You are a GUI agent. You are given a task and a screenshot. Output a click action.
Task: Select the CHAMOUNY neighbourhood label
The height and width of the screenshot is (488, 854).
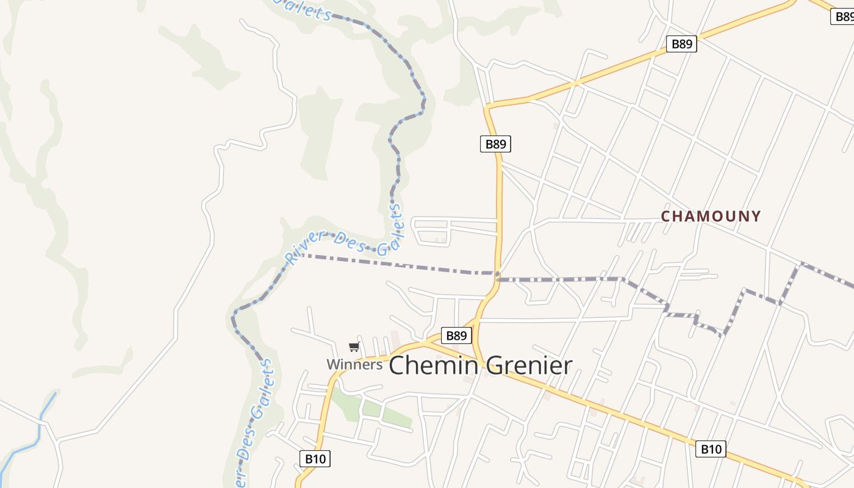(711, 216)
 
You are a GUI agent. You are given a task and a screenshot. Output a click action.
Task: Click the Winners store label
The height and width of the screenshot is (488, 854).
(354, 365)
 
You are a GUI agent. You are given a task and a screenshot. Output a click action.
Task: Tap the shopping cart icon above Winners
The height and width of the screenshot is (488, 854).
(354, 347)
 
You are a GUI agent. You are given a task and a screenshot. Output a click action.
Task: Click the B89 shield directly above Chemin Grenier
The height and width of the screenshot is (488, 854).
(456, 335)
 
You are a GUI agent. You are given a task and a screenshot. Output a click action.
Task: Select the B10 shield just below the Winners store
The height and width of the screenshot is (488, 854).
(315, 459)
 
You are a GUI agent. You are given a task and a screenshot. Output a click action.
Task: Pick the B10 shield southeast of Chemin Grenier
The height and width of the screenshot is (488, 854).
(711, 450)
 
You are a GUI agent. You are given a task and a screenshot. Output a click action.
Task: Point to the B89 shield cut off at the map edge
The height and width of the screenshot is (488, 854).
(843, 16)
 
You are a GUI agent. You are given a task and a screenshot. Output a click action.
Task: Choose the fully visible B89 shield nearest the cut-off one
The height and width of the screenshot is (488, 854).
(681, 44)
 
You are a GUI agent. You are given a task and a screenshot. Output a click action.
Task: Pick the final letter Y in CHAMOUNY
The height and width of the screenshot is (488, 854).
(756, 216)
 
